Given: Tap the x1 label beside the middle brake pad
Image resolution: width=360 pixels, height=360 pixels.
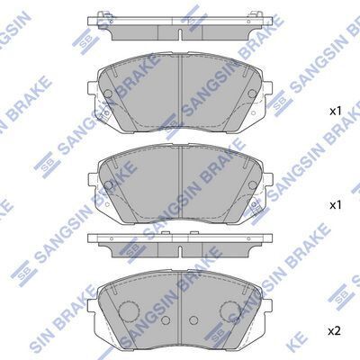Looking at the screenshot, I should pos(335,205).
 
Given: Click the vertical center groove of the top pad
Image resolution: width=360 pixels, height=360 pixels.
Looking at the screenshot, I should pos(181,85).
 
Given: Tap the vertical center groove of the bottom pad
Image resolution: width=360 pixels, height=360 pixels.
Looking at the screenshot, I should pos(181,297).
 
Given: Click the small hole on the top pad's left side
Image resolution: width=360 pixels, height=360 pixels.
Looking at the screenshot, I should pos(108,94).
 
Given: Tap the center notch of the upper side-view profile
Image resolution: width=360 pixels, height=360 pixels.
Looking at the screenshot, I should pos(181,35).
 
